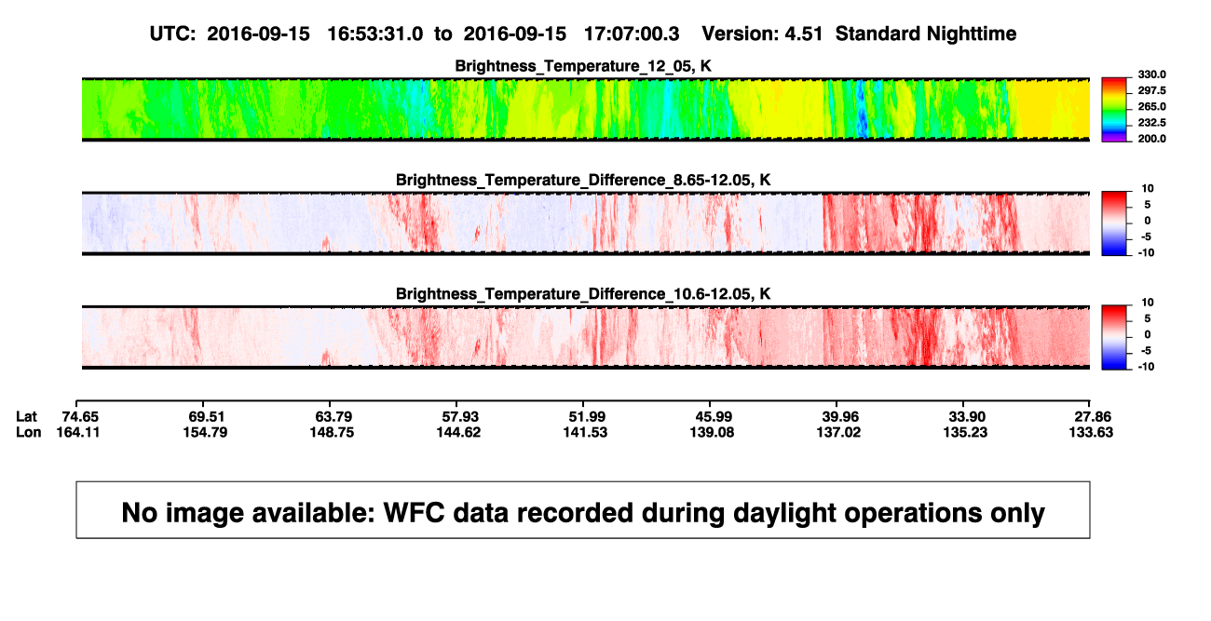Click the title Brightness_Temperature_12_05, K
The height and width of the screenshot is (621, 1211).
tap(583, 66)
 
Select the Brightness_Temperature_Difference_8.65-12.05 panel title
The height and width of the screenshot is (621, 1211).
tap(583, 180)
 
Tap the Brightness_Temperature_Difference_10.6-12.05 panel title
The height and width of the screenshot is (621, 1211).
tap(583, 294)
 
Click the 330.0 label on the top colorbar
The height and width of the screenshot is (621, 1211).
tap(1151, 74)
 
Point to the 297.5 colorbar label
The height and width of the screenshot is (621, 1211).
tap(1151, 91)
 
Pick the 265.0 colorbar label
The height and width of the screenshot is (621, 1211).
tap(1151, 106)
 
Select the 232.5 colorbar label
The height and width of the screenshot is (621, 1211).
tap(1151, 123)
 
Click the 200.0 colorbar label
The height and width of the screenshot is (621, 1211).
tap(1151, 139)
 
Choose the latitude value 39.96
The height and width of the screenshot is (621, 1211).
tap(840, 417)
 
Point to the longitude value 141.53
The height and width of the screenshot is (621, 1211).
tap(585, 432)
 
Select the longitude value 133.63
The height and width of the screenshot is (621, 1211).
tap(1091, 432)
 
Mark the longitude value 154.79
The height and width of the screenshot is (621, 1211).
tap(205, 432)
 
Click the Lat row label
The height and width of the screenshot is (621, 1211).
tap(26, 417)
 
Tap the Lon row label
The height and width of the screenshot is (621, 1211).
tap(29, 432)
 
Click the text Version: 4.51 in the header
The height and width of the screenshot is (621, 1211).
tap(762, 34)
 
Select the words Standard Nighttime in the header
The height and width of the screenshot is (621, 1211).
tap(926, 34)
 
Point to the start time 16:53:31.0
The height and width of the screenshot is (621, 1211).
tap(375, 34)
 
